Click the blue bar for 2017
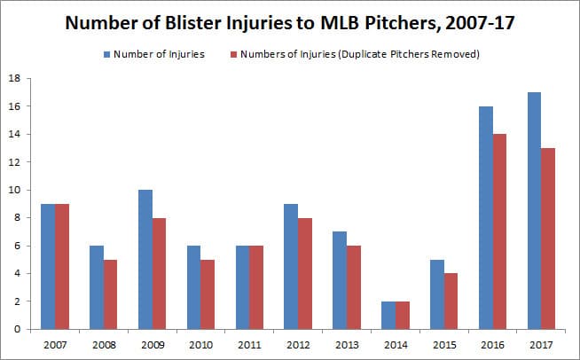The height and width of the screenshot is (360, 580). pyautogui.click(x=534, y=210)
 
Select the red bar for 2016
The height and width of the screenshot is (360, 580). pyautogui.click(x=501, y=231)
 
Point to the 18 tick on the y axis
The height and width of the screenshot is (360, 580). pyautogui.click(x=16, y=78)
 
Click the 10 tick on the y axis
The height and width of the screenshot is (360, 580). pyautogui.click(x=16, y=190)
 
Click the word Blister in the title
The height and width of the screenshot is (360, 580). pyautogui.click(x=208, y=22)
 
